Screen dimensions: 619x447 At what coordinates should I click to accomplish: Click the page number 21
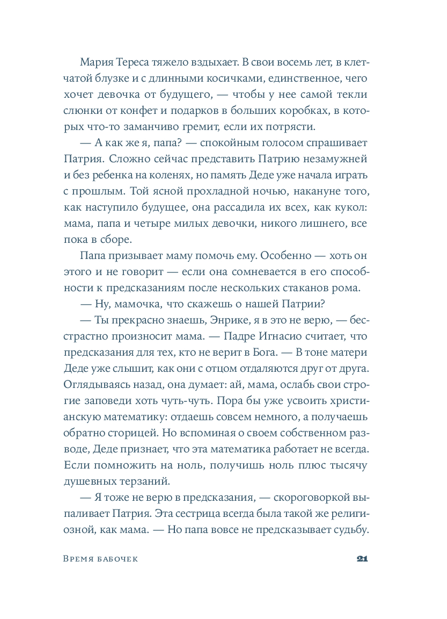(361, 559)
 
